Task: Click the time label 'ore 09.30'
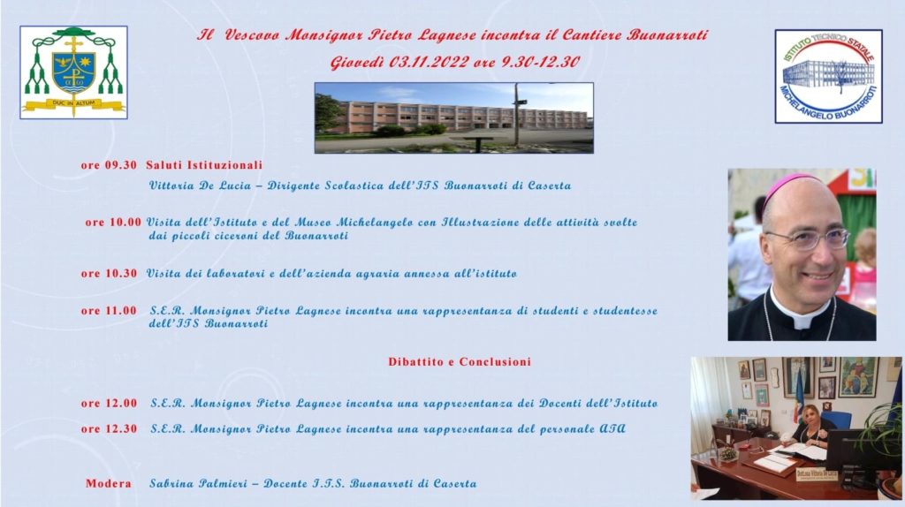pos(109,165)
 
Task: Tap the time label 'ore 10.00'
pos(113,222)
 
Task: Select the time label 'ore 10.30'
pos(109,274)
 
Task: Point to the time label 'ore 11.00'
pos(109,310)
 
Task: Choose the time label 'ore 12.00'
pos(109,403)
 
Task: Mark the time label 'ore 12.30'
pos(109,428)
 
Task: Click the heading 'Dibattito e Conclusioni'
pos(460,361)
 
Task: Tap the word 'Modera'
pos(109,483)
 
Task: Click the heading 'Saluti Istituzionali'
pos(204,165)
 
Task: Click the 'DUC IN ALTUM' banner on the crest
pos(74,104)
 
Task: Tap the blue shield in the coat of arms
pos(74,72)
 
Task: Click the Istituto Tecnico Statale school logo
pos(828,76)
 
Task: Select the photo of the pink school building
pos(454,117)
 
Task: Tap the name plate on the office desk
pos(816,474)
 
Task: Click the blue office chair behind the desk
pos(840,420)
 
